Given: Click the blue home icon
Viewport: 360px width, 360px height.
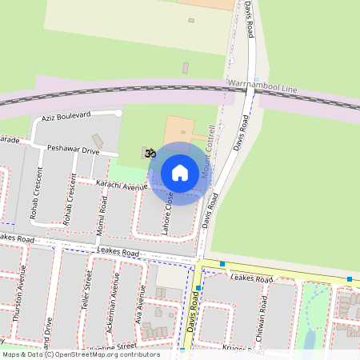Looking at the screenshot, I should [x=180, y=173].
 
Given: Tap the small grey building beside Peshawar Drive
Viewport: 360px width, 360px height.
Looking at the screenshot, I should [x=98, y=141].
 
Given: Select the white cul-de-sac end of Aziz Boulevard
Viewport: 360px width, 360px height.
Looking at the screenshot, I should [x=118, y=113].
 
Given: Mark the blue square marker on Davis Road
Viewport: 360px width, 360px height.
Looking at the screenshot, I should [x=198, y=289].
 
